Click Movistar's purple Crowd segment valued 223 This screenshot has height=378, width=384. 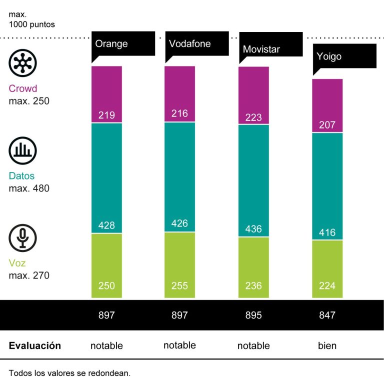pyautogui.click(x=253, y=95)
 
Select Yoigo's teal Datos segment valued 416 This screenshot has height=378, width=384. pyautogui.click(x=327, y=186)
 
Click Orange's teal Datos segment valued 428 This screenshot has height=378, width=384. pyautogui.click(x=106, y=178)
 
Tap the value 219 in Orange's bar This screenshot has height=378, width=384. pyautogui.click(x=106, y=115)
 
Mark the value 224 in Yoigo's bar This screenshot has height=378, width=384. pyautogui.click(x=327, y=286)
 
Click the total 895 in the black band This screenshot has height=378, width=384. pyautogui.click(x=253, y=315)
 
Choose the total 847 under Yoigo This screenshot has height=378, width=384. pyautogui.click(x=327, y=315)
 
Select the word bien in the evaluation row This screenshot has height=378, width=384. pyautogui.click(x=327, y=345)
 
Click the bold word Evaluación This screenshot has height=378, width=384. pyautogui.click(x=35, y=345)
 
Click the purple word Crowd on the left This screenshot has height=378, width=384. pyautogui.click(x=22, y=89)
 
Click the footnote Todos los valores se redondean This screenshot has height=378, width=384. pyautogui.click(x=69, y=373)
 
